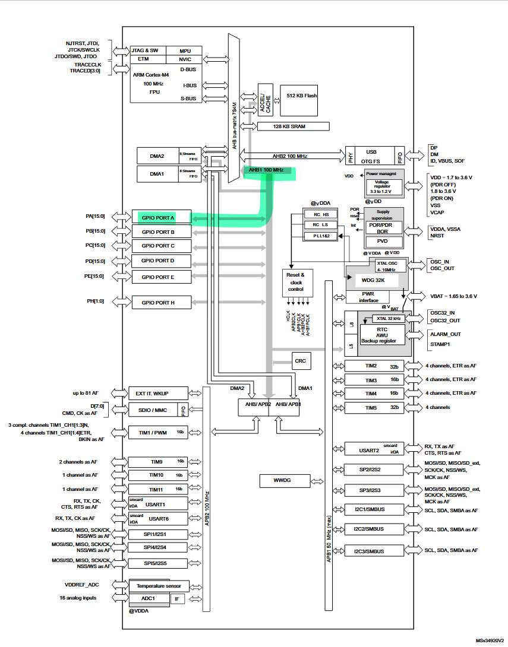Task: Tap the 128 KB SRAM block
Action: [x=293, y=126]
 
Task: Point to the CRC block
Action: [x=301, y=360]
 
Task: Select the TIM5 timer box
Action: [x=374, y=408]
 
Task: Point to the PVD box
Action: [x=383, y=242]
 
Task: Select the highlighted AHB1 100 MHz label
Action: [x=266, y=170]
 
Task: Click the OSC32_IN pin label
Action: [x=443, y=313]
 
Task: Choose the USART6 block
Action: [x=157, y=519]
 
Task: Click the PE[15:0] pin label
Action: [x=95, y=276]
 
